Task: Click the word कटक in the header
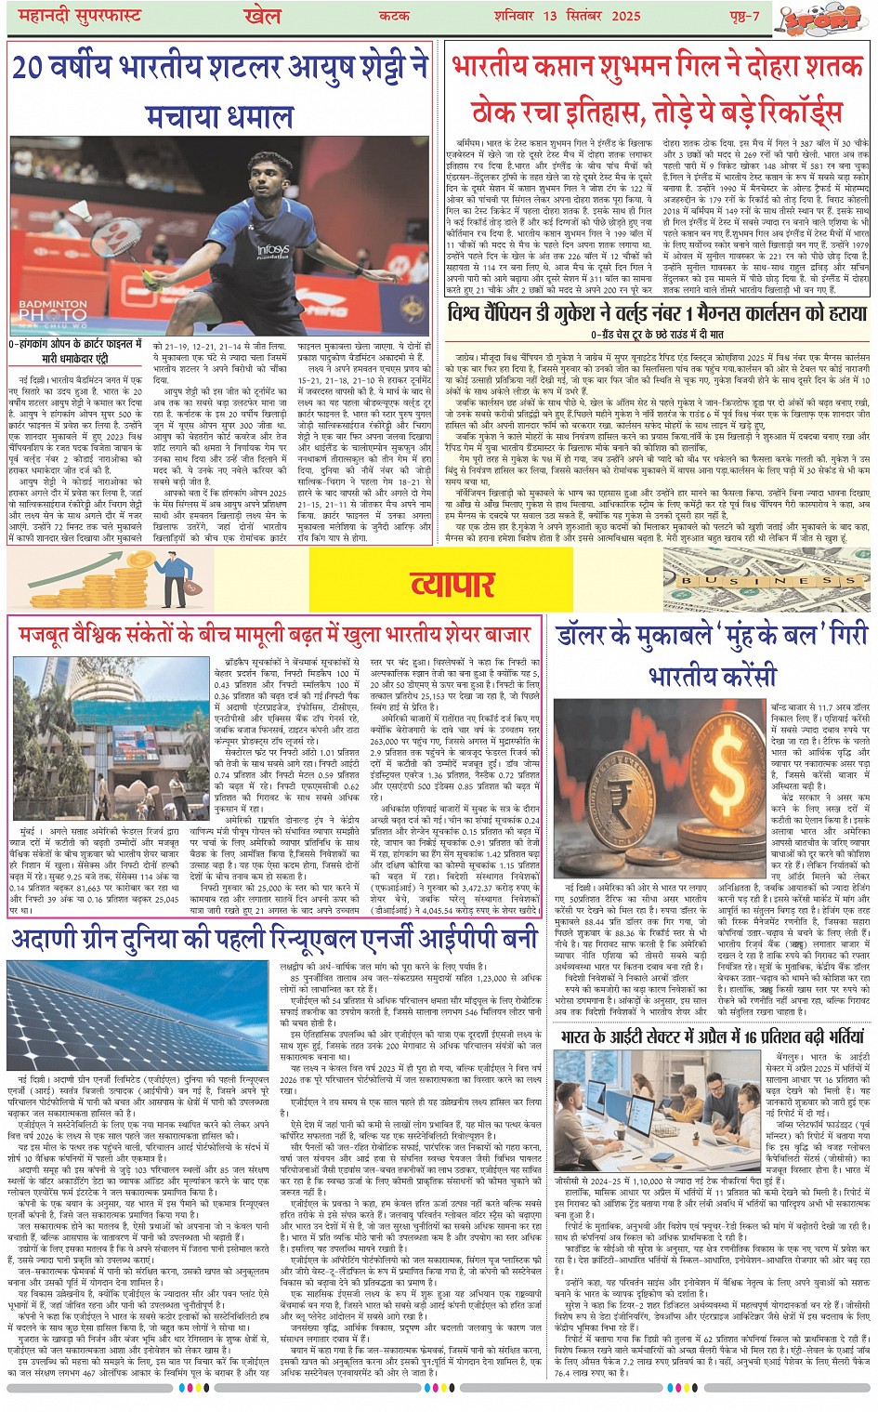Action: point(395,17)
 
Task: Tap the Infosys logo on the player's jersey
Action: point(274,251)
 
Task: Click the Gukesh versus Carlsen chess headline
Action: point(658,313)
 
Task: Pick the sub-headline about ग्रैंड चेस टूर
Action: point(657,334)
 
